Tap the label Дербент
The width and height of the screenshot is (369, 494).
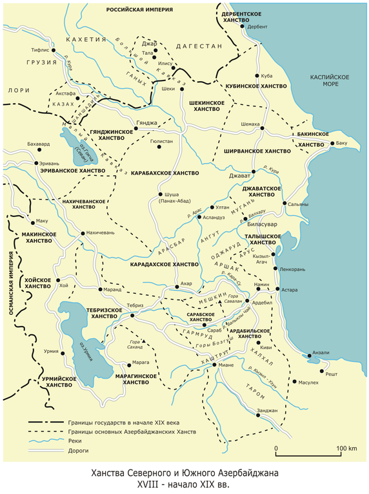click(257, 26)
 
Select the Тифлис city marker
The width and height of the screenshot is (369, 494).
click(54, 49)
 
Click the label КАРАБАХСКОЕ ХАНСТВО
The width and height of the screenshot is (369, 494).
click(165, 173)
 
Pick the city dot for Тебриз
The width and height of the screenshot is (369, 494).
click(132, 315)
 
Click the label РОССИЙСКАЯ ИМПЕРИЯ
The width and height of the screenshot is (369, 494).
click(139, 11)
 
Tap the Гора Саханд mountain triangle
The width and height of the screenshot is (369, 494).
click(144, 341)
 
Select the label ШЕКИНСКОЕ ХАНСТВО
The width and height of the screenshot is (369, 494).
click(207, 106)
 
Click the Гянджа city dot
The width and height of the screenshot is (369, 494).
click(136, 129)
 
